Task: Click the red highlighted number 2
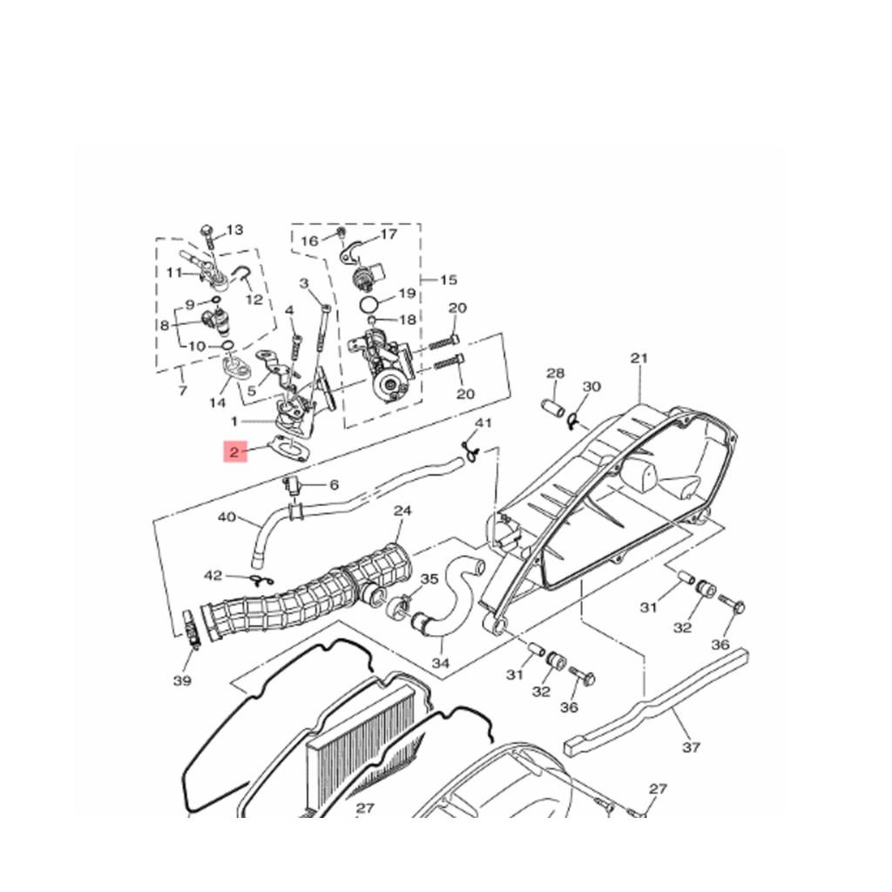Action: (x=234, y=452)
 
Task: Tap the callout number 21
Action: (x=639, y=358)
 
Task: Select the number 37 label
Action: (x=691, y=747)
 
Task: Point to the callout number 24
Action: (x=402, y=510)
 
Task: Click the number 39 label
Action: (x=183, y=679)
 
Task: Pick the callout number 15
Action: (x=449, y=280)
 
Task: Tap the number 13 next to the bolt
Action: (x=234, y=230)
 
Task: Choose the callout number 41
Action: (x=483, y=422)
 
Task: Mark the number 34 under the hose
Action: (x=441, y=663)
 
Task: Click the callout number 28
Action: (x=555, y=373)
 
